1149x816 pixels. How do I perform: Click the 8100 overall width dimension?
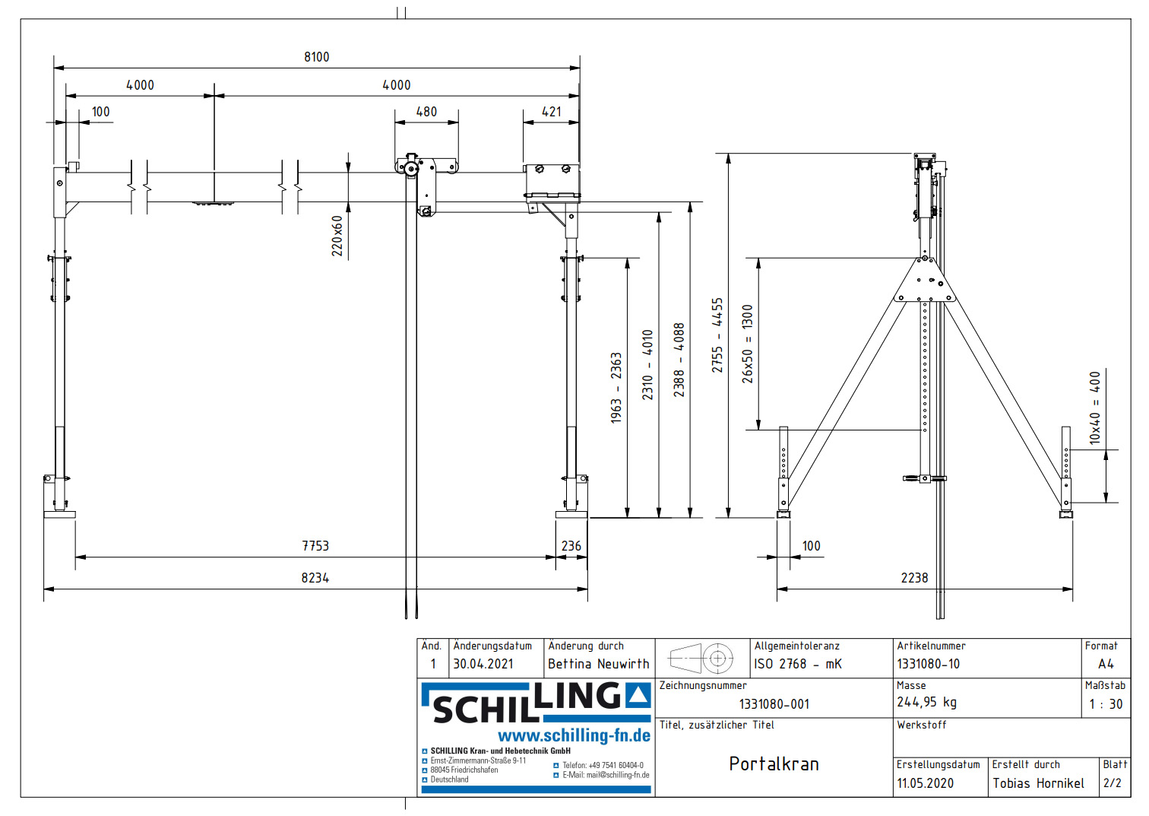(316, 57)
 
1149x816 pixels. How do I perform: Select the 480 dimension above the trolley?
(426, 112)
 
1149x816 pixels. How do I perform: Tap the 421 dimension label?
(552, 112)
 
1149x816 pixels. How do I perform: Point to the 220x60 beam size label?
(337, 235)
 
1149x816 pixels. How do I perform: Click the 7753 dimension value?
(315, 546)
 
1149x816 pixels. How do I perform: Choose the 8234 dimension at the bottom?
(315, 578)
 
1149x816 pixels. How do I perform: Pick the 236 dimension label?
(571, 546)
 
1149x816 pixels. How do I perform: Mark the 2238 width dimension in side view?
(914, 578)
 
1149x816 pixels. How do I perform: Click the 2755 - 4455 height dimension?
(717, 335)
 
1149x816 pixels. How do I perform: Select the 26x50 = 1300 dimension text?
(748, 344)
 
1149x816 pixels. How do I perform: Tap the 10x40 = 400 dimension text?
(1094, 408)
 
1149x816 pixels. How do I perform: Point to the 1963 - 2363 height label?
(616, 387)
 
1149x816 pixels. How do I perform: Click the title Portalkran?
(774, 764)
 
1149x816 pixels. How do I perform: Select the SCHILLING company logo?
(537, 703)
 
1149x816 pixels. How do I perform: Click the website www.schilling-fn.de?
(574, 735)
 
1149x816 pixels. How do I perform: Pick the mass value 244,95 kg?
(926, 702)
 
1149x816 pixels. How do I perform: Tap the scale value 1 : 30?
(1106, 704)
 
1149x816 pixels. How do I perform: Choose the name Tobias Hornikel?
(1038, 783)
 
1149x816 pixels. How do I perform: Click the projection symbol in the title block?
(701, 659)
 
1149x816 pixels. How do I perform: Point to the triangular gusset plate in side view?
(925, 282)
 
